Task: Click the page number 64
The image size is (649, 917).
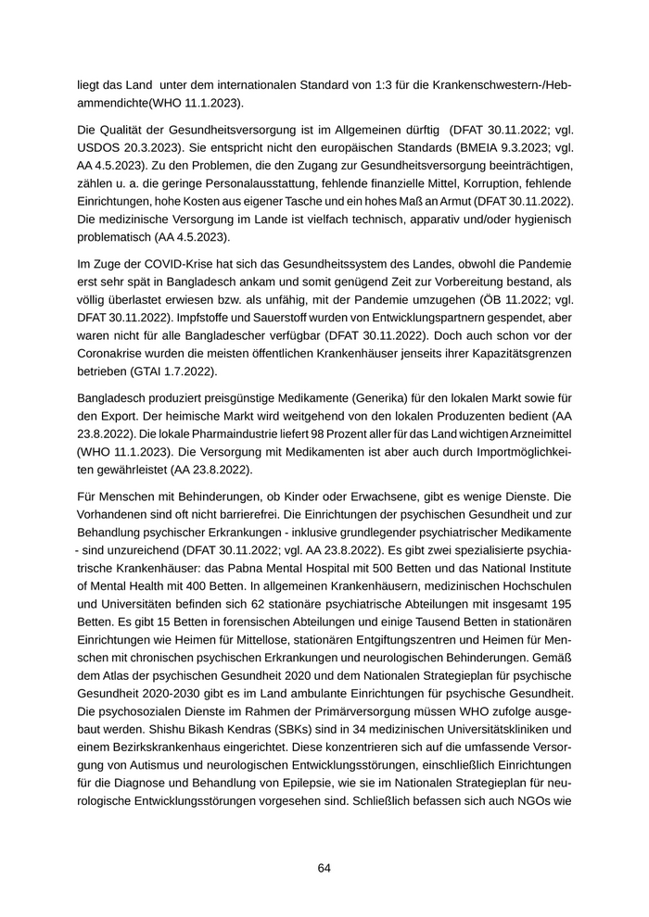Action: click(324, 868)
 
